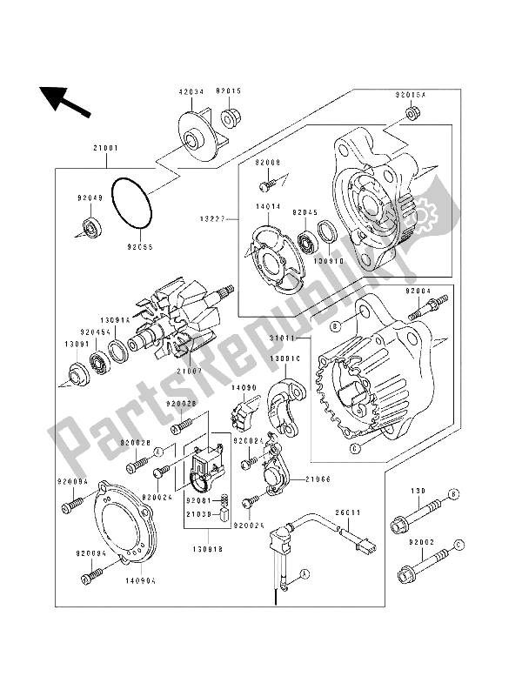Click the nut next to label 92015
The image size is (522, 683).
(x=231, y=117)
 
